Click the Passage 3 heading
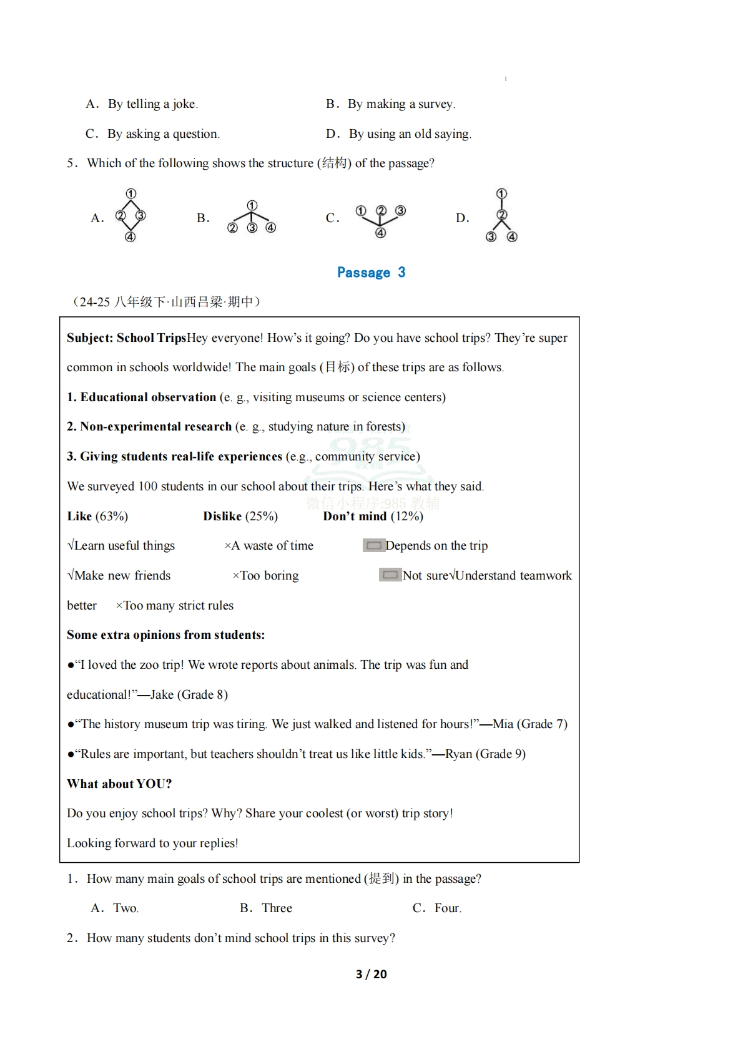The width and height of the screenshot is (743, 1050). point(371,273)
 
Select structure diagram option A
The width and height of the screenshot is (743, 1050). point(130,216)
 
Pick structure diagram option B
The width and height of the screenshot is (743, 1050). point(252,217)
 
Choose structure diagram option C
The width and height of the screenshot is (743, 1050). point(380,220)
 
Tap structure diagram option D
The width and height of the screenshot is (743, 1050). point(501,216)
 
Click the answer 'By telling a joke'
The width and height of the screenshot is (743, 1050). point(152,104)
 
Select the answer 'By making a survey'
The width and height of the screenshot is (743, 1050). point(401,104)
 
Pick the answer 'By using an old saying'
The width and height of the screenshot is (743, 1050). point(410,134)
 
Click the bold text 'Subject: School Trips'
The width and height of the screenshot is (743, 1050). point(127,338)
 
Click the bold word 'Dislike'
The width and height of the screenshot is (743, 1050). point(222,517)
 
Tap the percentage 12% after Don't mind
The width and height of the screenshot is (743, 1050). point(406,517)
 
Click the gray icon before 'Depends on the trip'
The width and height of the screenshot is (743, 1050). point(373,546)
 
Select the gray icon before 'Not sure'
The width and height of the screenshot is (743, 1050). point(390,575)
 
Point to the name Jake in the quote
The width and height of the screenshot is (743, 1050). point(162,695)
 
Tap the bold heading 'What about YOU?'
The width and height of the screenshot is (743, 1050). point(119,784)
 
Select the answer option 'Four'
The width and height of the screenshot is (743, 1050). point(447,908)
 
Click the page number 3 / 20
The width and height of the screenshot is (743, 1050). point(371,975)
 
